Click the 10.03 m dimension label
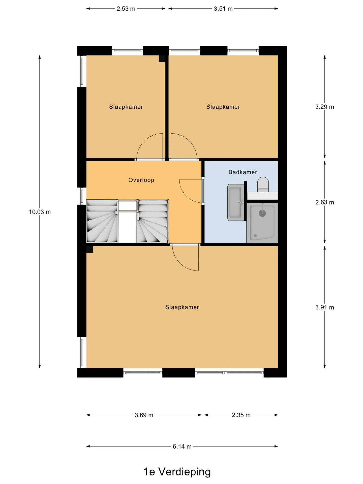40,212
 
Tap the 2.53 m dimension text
126,9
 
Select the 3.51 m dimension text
223,9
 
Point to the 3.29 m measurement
325,107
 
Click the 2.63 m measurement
325,202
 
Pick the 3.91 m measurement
325,308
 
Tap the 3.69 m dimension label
144,415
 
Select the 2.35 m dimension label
241,415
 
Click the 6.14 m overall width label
182,447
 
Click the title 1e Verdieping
177,472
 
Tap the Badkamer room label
243,172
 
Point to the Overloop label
141,180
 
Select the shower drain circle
262,213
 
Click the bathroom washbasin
236,202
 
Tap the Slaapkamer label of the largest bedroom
182,307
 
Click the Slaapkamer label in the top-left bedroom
126,107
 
